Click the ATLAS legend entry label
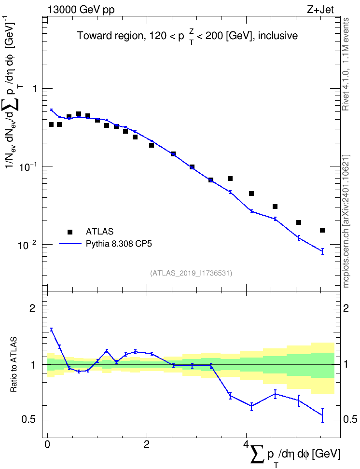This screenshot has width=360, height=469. (x=99, y=232)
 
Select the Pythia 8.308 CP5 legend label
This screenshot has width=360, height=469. (x=119, y=244)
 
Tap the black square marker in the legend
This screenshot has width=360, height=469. (x=70, y=232)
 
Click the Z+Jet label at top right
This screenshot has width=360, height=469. (x=320, y=10)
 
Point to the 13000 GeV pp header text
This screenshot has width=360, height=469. (x=81, y=10)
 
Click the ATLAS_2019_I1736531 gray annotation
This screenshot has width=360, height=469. (x=191, y=273)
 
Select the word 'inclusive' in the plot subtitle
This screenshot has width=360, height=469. (x=278, y=36)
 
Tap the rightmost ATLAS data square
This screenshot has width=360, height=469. (x=322, y=230)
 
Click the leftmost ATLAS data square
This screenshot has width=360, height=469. (x=51, y=124)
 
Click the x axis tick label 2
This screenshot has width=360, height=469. (x=147, y=444)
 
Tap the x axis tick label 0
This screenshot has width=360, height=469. (x=47, y=444)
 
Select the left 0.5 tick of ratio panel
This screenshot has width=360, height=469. (x=29, y=420)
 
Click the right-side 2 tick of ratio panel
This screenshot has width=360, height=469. (x=346, y=308)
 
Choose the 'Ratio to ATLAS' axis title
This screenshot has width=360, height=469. (x=14, y=365)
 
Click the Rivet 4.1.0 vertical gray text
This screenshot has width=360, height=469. (x=346, y=64)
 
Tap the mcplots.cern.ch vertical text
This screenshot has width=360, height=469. (x=346, y=221)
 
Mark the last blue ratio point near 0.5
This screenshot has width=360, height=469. (x=322, y=415)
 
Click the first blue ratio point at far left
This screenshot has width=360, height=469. (x=51, y=330)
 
